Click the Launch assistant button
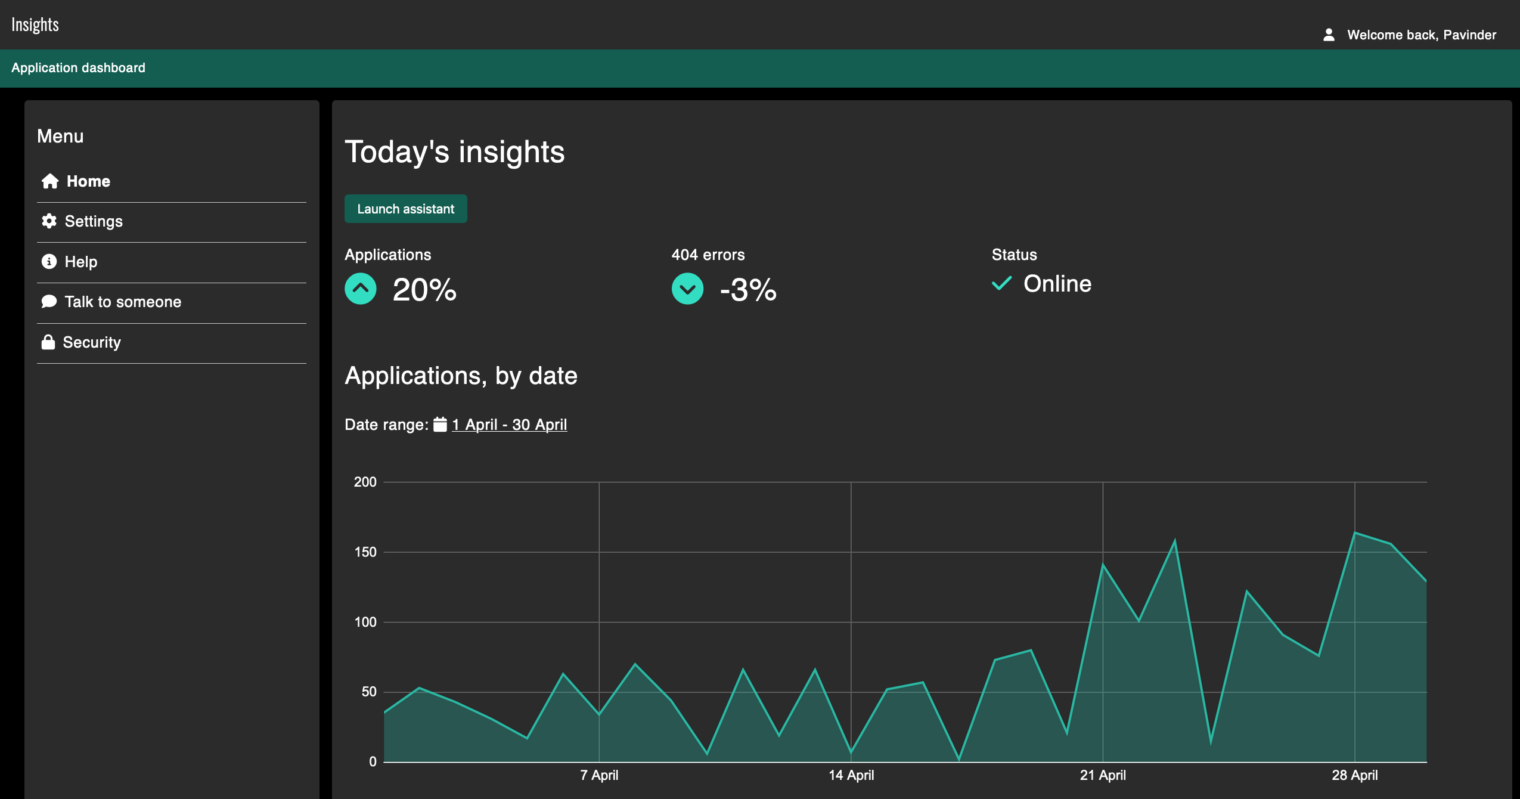(405, 209)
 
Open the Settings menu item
(93, 222)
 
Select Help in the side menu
(80, 262)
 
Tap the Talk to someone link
(122, 302)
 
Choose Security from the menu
(91, 342)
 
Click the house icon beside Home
(50, 181)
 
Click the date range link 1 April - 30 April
(509, 425)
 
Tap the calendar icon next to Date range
(440, 425)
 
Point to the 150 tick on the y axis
(365, 552)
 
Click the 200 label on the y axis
(365, 482)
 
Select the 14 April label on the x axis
(851, 775)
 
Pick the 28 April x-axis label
(1354, 775)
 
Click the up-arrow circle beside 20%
(361, 289)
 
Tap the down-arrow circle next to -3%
(687, 289)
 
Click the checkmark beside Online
(1001, 283)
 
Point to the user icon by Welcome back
(1329, 35)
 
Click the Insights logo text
(35, 24)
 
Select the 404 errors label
(708, 255)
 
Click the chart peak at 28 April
(1355, 532)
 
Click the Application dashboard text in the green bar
(78, 68)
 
